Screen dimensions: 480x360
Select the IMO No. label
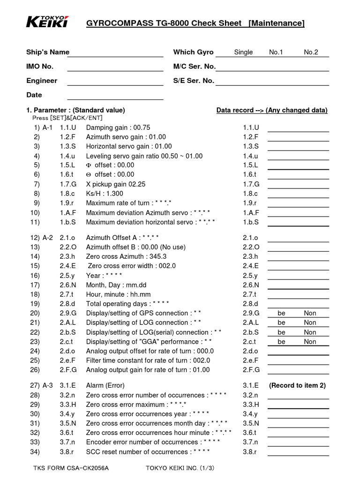pyautogui.click(x=40, y=67)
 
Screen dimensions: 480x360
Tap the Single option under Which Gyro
pyautogui.click(x=243, y=52)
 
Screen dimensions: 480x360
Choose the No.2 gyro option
pyautogui.click(x=311, y=52)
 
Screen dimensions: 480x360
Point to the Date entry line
pyautogui.click(x=115, y=97)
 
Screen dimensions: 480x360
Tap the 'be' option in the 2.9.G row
pyautogui.click(x=281, y=313)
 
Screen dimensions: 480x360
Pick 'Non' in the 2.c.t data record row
pyautogui.click(x=310, y=342)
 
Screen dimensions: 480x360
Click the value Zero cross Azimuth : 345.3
pyautogui.click(x=126, y=256)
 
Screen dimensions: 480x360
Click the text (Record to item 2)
pyautogui.click(x=297, y=385)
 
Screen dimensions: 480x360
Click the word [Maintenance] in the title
pyautogui.click(x=276, y=23)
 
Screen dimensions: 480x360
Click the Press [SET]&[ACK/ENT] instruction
pyautogui.click(x=67, y=118)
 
